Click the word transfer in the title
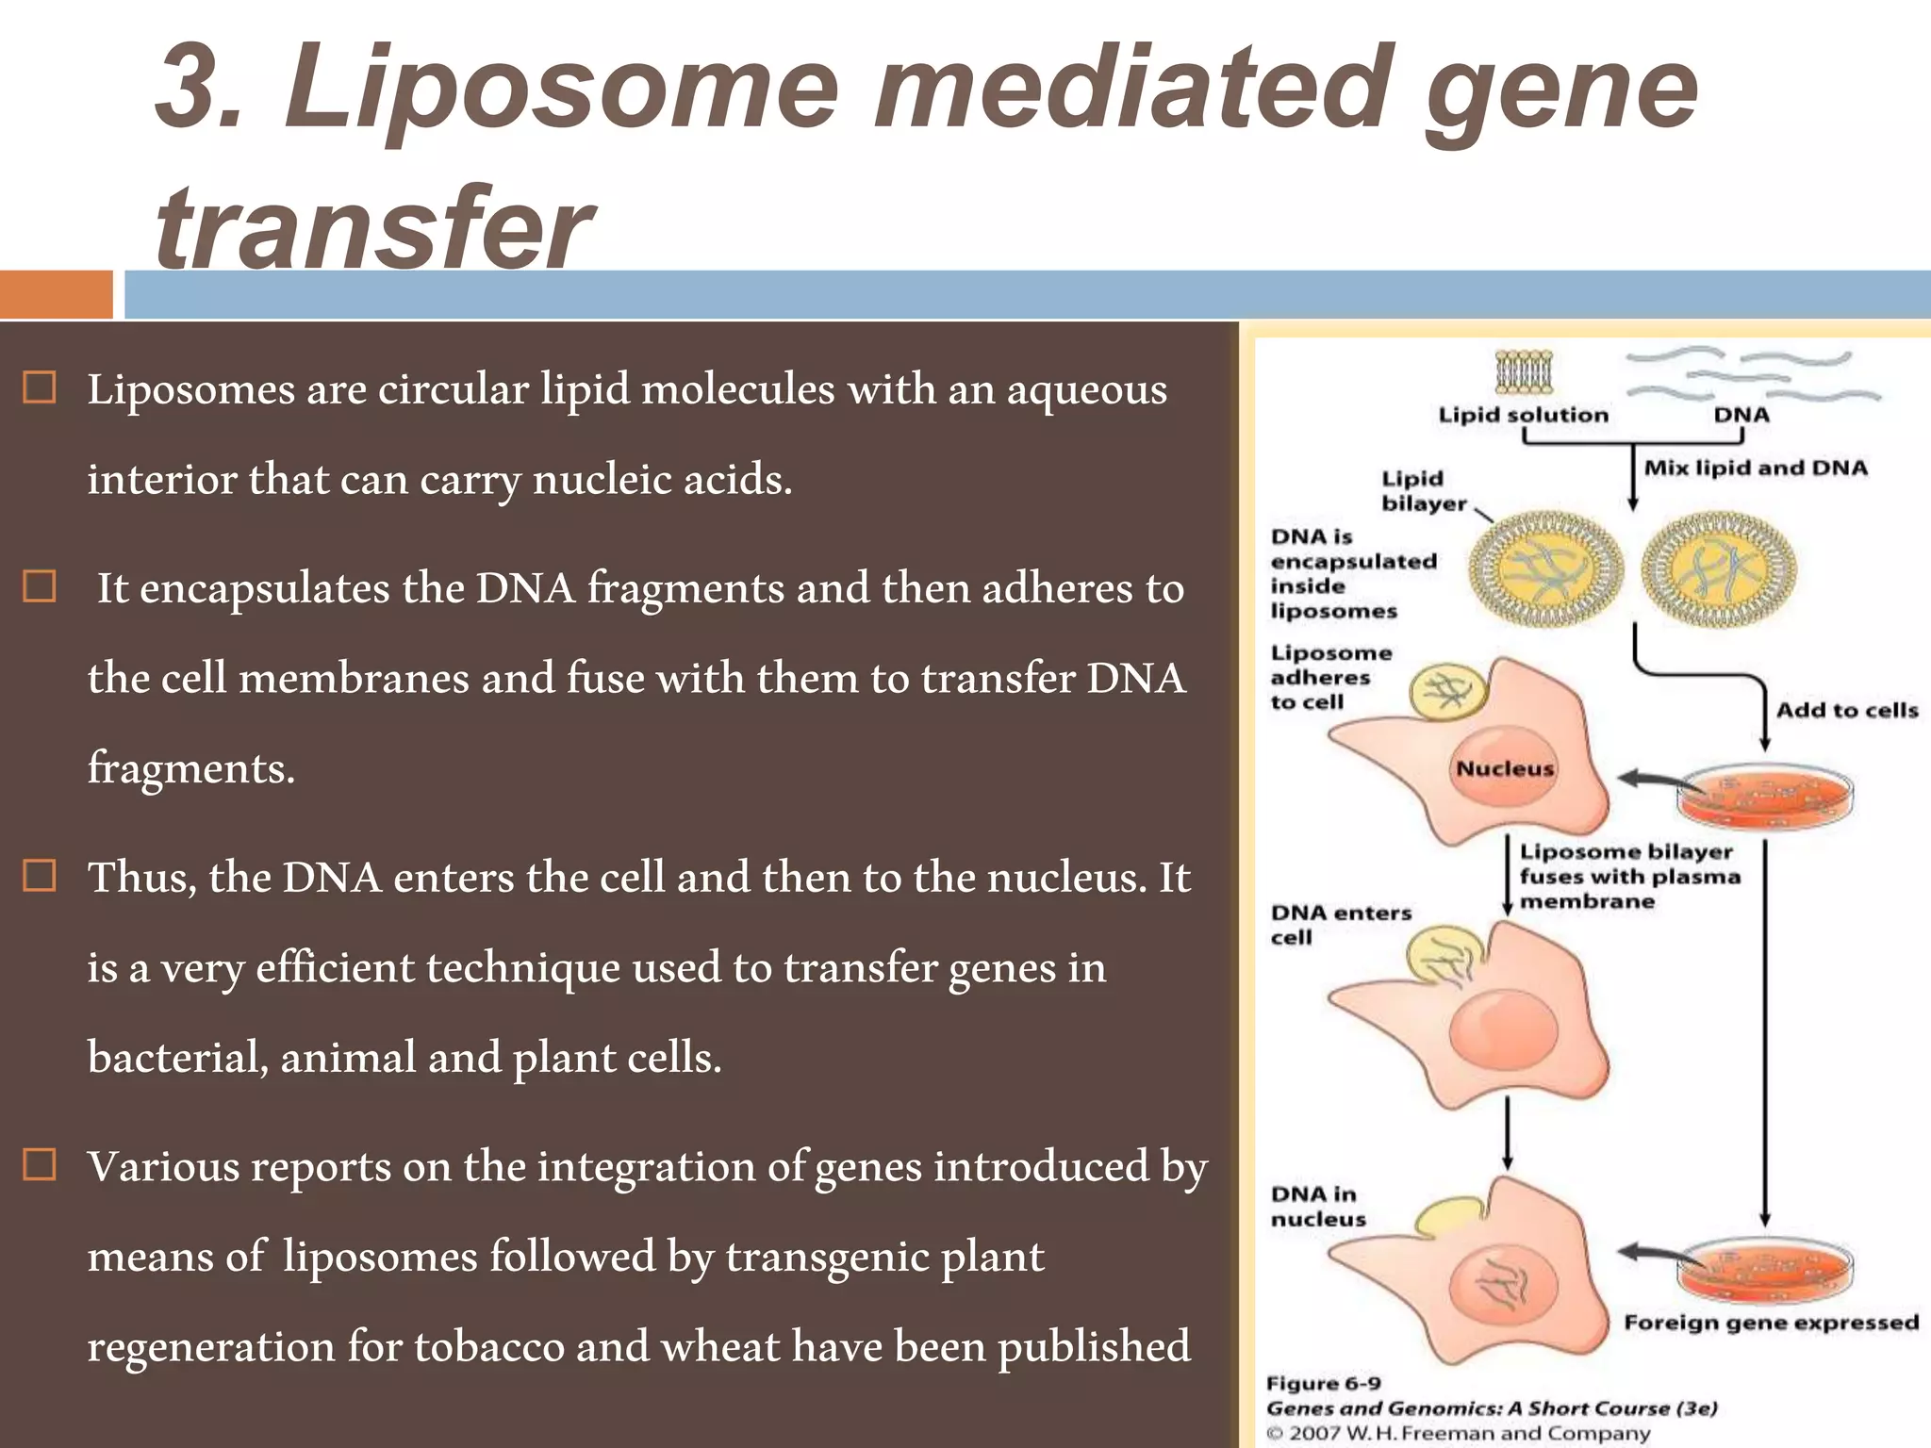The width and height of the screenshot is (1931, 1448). [372, 226]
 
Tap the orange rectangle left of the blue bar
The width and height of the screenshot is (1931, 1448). [56, 294]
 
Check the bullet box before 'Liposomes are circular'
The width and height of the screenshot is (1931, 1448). [39, 387]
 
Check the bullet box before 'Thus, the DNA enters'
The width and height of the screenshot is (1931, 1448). [39, 876]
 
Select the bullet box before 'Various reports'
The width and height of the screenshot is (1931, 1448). [39, 1165]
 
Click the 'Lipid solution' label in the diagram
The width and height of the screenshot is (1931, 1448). [1523, 415]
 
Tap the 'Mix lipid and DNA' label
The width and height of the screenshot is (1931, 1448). [1755, 468]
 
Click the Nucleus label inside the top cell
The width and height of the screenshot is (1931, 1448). [1504, 768]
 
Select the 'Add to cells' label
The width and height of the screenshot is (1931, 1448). [1846, 710]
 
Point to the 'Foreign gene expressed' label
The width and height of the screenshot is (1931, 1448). [1771, 1322]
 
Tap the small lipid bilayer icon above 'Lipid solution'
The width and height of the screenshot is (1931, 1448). [1524, 371]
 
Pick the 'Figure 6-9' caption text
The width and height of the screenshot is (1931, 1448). [1323, 1383]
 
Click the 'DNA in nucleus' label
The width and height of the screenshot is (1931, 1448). [1317, 1207]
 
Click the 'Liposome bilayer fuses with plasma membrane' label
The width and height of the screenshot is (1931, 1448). [1628, 877]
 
